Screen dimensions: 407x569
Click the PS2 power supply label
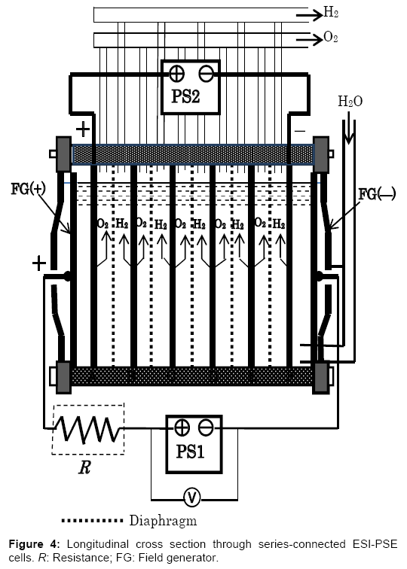tap(185, 96)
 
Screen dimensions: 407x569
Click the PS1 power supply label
tap(190, 452)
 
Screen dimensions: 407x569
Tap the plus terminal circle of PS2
tap(176, 74)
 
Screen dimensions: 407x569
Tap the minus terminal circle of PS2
tap(206, 74)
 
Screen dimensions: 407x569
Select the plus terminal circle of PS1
tap(182, 428)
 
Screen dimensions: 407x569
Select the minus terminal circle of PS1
tap(206, 428)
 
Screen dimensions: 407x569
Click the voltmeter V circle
tap(192, 497)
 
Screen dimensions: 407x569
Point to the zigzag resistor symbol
tap(87, 429)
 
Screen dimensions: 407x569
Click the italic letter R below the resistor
tap(84, 467)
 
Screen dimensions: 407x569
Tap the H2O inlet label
tap(350, 102)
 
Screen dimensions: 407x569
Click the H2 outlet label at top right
tap(331, 13)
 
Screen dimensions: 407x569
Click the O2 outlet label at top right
tap(331, 38)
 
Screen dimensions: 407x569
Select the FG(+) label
tap(28, 189)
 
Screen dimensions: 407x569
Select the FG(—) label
tap(377, 194)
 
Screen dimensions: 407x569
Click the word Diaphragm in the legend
tap(163, 521)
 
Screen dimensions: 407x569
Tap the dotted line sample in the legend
tap(92, 520)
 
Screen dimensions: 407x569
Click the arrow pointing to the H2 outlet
tap(310, 15)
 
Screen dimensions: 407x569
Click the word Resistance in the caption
tap(74, 557)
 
